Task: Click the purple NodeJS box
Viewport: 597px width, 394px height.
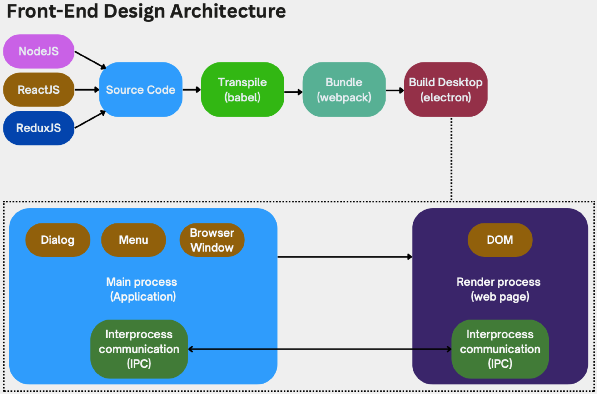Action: (38, 51)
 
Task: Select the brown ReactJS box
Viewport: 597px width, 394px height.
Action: (38, 90)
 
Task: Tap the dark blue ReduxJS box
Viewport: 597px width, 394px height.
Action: (38, 128)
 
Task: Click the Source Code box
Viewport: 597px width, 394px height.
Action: (141, 90)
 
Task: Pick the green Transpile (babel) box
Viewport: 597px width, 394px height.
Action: (243, 90)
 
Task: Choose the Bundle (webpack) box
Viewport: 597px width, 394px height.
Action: (344, 90)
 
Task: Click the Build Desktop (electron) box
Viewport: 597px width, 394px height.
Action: (446, 90)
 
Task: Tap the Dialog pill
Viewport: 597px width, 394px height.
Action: (58, 240)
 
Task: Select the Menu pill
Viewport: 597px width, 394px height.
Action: (134, 240)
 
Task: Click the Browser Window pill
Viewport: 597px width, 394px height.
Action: (212, 240)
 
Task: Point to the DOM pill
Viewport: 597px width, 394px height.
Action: (500, 240)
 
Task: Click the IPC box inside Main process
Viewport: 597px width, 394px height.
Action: (139, 349)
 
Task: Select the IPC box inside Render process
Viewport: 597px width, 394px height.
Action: (500, 349)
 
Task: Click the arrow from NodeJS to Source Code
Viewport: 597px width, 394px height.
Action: (90, 60)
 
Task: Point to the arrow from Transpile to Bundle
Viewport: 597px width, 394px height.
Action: (293, 92)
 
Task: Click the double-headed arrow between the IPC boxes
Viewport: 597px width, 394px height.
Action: (320, 349)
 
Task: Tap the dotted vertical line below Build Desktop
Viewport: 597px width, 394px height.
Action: (451, 159)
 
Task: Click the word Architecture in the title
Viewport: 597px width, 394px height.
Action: (228, 11)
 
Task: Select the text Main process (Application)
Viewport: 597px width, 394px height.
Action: (142, 289)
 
